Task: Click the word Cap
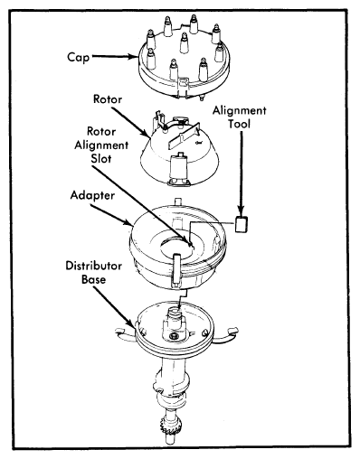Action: click(x=79, y=57)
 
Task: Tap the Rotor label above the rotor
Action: click(x=108, y=99)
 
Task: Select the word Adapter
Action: click(x=92, y=196)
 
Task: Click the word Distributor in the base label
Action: click(x=94, y=266)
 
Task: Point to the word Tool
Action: click(x=240, y=124)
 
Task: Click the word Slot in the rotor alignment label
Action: click(x=101, y=159)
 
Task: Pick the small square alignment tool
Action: click(x=242, y=225)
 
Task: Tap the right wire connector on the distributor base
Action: click(x=232, y=331)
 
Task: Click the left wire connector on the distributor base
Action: click(x=119, y=331)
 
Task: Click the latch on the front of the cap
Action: click(x=183, y=84)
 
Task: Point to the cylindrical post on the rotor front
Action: click(x=178, y=166)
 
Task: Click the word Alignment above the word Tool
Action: click(x=240, y=111)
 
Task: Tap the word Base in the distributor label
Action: click(x=94, y=279)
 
